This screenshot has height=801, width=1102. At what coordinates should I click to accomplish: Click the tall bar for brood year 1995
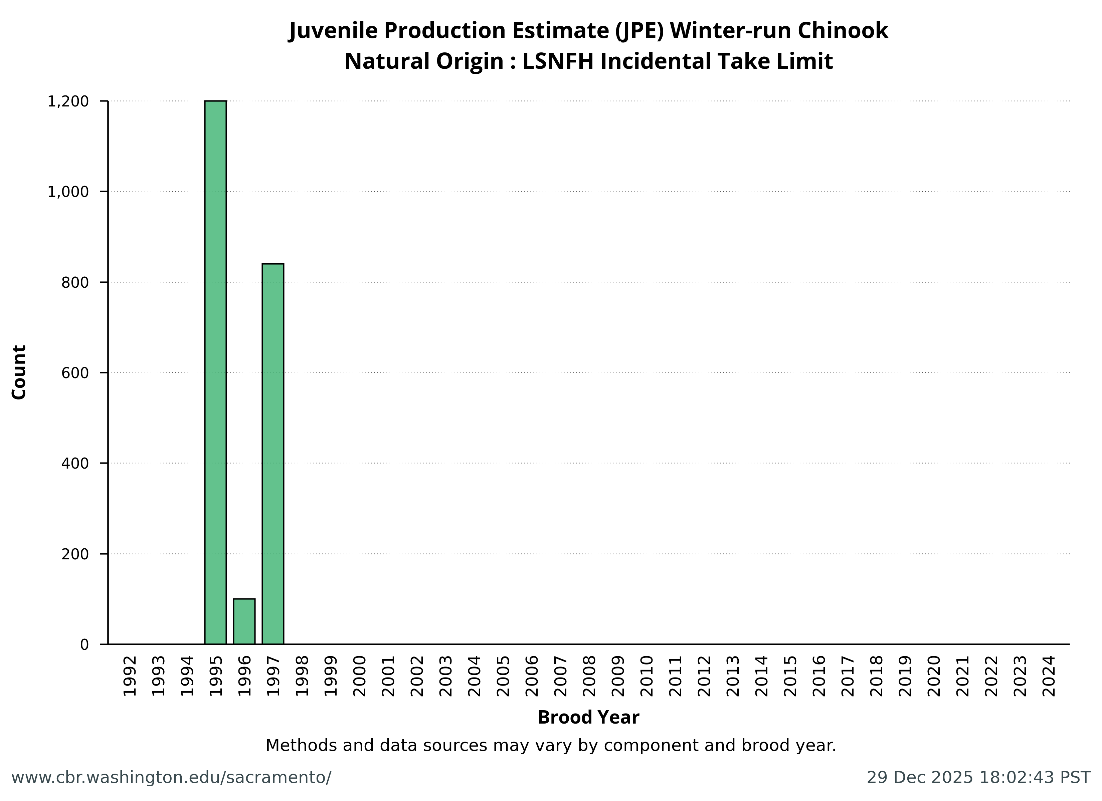pyautogui.click(x=215, y=372)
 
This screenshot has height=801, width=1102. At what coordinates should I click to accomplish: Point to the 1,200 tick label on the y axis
pyautogui.click(x=68, y=101)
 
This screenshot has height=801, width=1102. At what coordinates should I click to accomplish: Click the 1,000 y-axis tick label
pyautogui.click(x=68, y=192)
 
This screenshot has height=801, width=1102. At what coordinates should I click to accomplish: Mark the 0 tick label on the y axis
pyautogui.click(x=84, y=644)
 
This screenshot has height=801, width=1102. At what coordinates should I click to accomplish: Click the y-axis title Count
pyautogui.click(x=19, y=372)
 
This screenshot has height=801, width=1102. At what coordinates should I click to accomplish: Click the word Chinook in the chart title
pyautogui.click(x=843, y=31)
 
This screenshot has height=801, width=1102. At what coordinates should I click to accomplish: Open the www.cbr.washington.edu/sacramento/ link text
pyautogui.click(x=171, y=778)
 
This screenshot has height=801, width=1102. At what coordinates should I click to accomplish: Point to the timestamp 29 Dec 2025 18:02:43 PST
pyautogui.click(x=978, y=778)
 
